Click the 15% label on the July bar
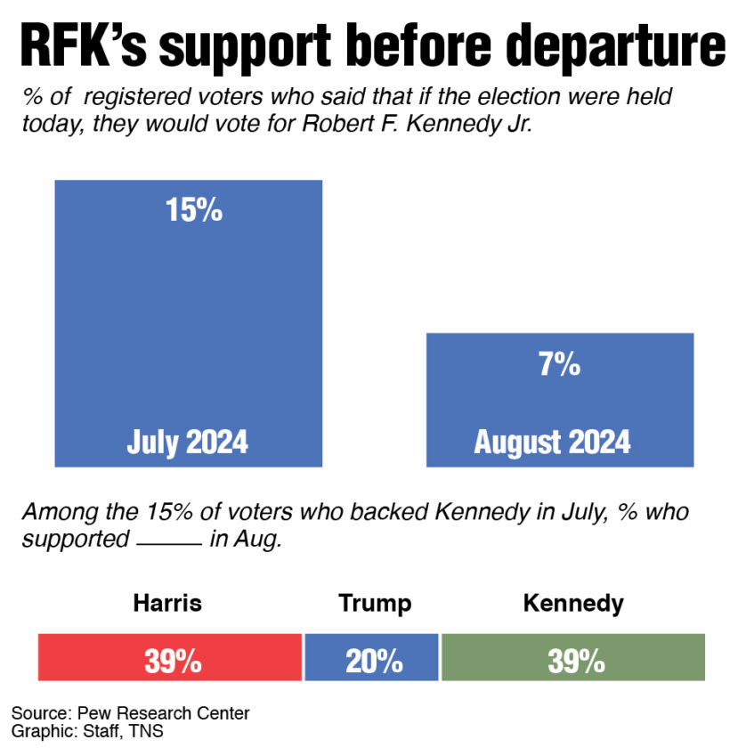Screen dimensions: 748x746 tap(192, 211)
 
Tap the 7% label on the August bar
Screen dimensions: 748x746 tap(559, 364)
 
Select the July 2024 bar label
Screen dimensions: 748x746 tap(187, 442)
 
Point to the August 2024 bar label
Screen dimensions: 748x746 tap(552, 442)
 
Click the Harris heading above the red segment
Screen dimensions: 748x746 tap(167, 603)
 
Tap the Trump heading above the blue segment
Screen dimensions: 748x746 tap(375, 603)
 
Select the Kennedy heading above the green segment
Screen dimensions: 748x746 tap(573, 603)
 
